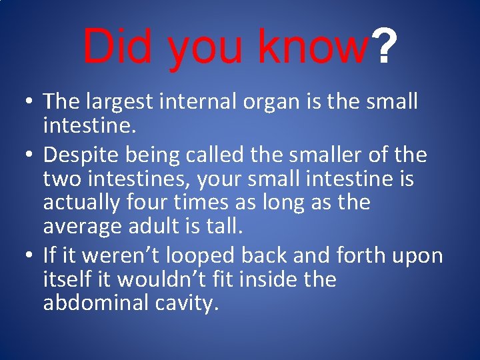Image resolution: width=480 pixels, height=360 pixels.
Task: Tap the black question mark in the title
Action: (385, 46)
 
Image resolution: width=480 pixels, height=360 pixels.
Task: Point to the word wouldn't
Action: (151, 279)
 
